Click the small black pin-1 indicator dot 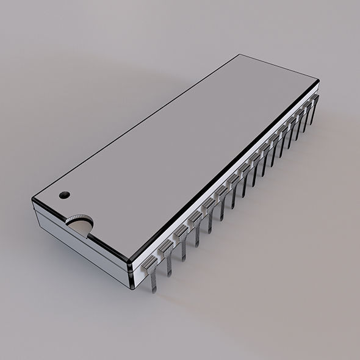tap(64, 195)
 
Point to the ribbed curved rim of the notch tap(80, 218)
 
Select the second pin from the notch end tap(167, 247)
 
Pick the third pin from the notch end tap(182, 232)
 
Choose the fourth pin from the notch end tap(195, 218)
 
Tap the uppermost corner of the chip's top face tap(239, 55)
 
